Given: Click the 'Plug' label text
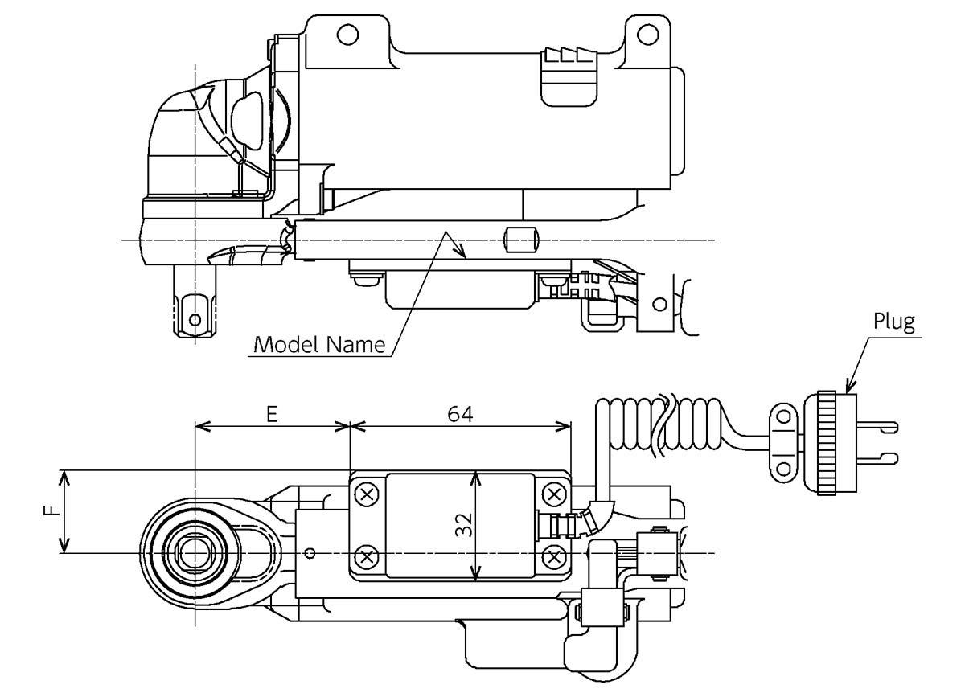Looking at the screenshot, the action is [894, 322].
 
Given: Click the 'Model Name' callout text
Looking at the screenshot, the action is [319, 345].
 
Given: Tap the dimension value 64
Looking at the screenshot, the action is [460, 414].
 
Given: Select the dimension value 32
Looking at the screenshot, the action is [464, 525].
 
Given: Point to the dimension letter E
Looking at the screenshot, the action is [272, 414].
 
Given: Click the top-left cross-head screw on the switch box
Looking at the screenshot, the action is [367, 494].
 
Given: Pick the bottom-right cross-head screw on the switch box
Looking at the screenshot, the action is [553, 557].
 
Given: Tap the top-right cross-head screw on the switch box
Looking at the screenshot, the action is [553, 494].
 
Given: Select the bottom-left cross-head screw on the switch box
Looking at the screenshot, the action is [367, 557].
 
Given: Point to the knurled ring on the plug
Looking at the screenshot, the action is [827, 443].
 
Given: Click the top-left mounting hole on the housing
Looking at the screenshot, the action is [347, 35].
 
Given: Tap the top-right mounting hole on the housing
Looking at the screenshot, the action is [647, 35].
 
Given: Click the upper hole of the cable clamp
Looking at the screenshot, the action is [783, 417].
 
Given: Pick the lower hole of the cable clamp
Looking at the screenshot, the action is [783, 469].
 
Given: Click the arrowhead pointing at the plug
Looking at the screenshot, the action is [849, 385].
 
